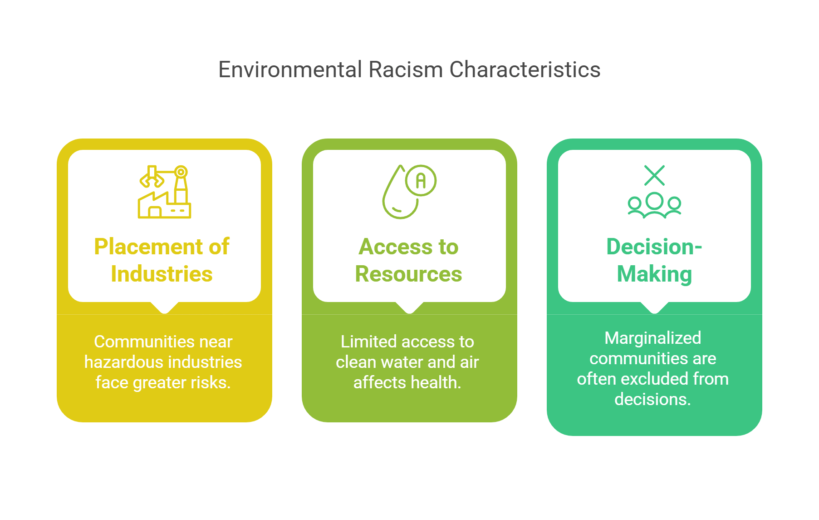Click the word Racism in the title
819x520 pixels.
pyautogui.click(x=405, y=70)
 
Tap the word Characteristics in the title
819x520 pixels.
pyautogui.click(x=525, y=70)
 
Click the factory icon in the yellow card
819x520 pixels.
pyautogui.click(x=164, y=192)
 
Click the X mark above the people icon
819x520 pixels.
pyautogui.click(x=654, y=175)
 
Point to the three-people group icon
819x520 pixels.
pyautogui.click(x=654, y=205)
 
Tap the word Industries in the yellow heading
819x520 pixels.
pyautogui.click(x=162, y=274)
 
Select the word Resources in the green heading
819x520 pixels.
pyautogui.click(x=408, y=274)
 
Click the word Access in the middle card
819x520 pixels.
pyautogui.click(x=396, y=247)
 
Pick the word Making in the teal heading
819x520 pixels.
pyautogui.click(x=654, y=274)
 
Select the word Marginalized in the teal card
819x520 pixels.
pyautogui.click(x=652, y=338)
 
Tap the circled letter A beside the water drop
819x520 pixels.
pyautogui.click(x=421, y=181)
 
